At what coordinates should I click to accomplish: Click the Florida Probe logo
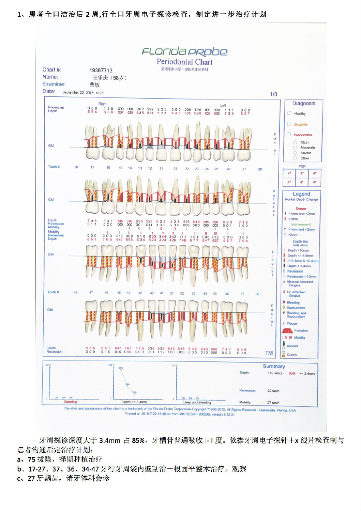(x=184, y=51)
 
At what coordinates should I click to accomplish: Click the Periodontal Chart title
(x=184, y=62)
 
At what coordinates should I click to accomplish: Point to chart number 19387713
(x=101, y=70)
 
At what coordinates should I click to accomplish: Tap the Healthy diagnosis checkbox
(x=289, y=113)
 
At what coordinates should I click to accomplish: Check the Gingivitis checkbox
(x=289, y=124)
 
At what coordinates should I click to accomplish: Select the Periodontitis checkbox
(x=289, y=135)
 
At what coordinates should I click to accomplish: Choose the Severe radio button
(x=295, y=153)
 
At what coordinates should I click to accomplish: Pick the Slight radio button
(x=295, y=142)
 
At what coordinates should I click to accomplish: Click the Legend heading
(x=301, y=194)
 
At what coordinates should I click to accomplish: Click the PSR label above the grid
(x=302, y=166)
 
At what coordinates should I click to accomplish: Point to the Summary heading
(x=274, y=366)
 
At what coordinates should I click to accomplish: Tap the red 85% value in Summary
(x=292, y=373)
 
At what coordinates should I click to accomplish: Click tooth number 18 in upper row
(x=76, y=167)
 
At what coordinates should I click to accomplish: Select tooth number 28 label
(x=260, y=169)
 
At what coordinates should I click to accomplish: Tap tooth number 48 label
(x=76, y=292)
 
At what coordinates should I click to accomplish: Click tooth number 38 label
(x=257, y=294)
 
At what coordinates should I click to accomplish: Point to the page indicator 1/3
(x=273, y=94)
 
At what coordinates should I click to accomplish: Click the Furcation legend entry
(x=301, y=330)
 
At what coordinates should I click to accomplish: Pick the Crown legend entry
(x=292, y=355)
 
